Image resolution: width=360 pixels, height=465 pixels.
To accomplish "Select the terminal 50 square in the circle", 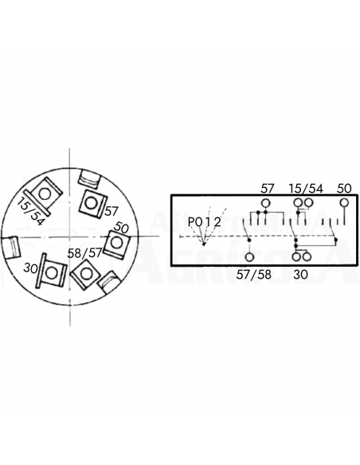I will tap(116, 240).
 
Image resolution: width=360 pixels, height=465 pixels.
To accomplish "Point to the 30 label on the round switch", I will tap(31, 267).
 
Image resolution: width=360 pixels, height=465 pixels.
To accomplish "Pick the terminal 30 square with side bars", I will tap(52, 272).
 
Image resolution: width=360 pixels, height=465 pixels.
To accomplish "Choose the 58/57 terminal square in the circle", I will tap(84, 272).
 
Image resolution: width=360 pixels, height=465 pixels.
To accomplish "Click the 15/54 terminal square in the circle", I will tap(45, 193).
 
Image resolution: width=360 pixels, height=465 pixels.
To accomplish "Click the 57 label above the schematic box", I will tap(268, 189).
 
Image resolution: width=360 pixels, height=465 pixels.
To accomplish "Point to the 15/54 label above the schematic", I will tap(306, 189).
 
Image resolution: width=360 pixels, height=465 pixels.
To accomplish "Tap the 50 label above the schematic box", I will tap(344, 189).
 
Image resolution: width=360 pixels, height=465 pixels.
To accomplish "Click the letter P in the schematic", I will tap(192, 221).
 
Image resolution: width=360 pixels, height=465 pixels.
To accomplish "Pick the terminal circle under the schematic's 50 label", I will tap(344, 202).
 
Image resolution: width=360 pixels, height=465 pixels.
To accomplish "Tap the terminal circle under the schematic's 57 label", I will tap(267, 202).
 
